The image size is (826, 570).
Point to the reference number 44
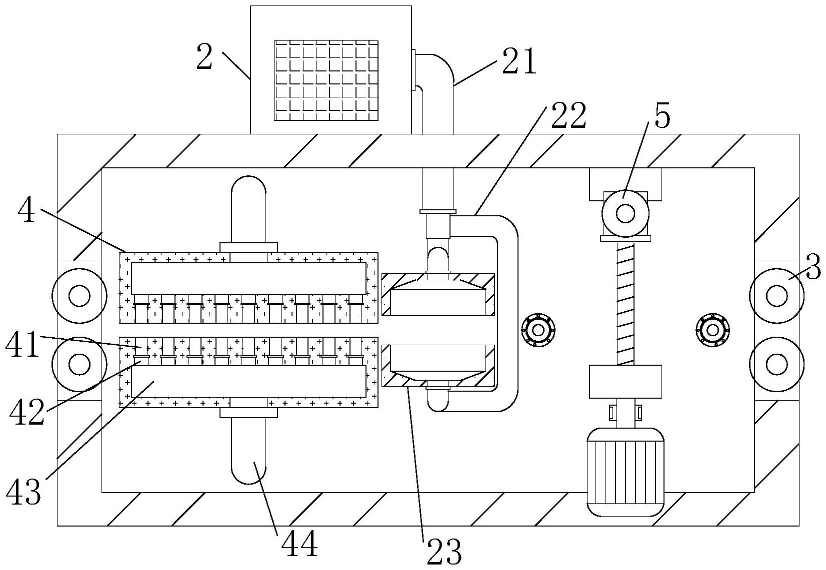tap(299, 544)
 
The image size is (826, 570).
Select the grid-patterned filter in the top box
tap(326, 80)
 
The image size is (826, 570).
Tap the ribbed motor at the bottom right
tap(625, 471)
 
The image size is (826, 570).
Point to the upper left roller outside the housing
tap(79, 296)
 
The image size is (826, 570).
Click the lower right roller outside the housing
tap(776, 364)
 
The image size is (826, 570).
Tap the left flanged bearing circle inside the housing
tap(538, 329)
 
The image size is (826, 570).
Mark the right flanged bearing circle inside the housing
tap(713, 330)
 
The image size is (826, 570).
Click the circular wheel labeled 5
tap(625, 214)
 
